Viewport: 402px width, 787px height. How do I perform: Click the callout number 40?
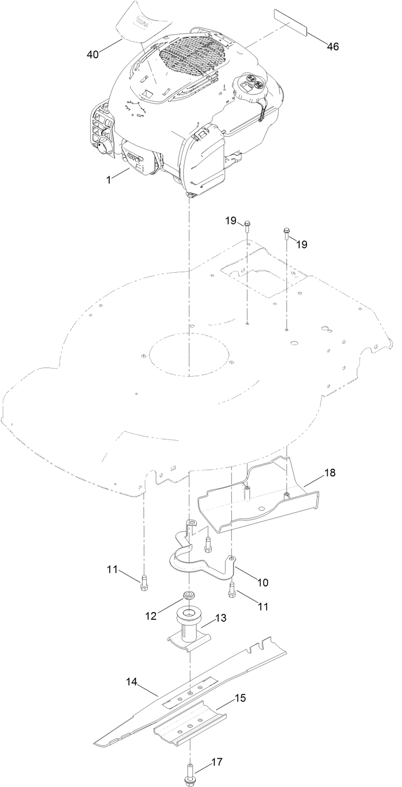click(93, 55)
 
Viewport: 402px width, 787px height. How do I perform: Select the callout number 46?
click(333, 46)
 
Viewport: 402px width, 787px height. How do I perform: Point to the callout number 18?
click(330, 473)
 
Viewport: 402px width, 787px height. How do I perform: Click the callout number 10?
click(262, 582)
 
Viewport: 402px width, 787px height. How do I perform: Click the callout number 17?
click(216, 748)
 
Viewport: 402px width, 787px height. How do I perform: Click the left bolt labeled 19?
click(248, 225)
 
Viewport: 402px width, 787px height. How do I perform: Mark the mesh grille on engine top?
click(192, 53)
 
